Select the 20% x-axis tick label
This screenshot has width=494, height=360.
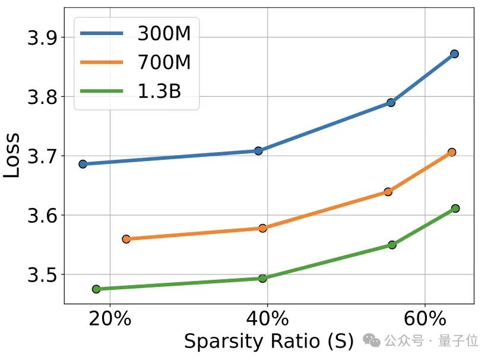coord(110,318)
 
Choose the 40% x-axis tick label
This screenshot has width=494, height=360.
coord(267,318)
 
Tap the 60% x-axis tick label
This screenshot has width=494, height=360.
coord(425,318)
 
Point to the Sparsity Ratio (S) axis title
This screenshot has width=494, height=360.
coord(268,342)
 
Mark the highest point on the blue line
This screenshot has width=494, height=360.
coord(454,54)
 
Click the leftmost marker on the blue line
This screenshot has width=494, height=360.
coord(83,164)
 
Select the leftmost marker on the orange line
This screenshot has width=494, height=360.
coord(126,239)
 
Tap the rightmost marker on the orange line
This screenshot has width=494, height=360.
coord(452,152)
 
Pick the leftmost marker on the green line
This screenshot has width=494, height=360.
coord(96,289)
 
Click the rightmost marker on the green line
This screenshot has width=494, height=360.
coord(455,209)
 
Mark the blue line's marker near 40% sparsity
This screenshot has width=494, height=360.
coord(258,151)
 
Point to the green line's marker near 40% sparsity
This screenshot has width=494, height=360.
coord(262,278)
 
